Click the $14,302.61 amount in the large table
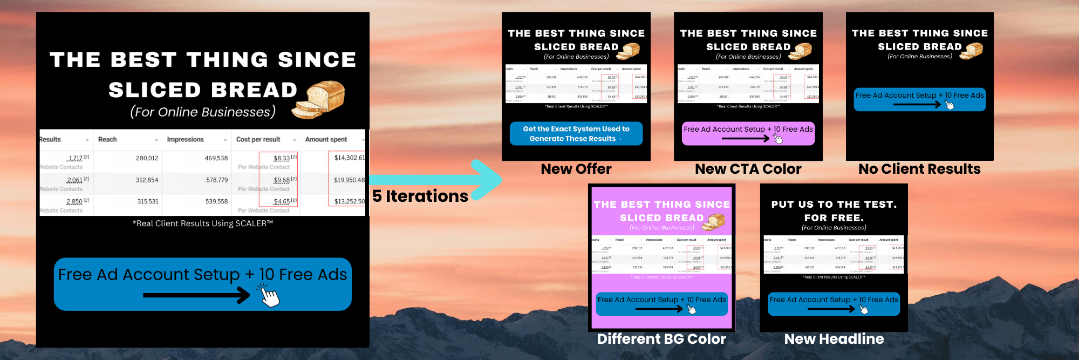349,158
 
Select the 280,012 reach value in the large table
147,158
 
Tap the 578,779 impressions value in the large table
216,180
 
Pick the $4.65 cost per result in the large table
282,201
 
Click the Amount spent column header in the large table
326,139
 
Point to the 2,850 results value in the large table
74,201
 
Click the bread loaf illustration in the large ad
319,99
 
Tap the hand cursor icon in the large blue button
269,296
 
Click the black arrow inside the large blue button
197,295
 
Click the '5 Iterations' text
420,196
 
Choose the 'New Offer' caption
576,169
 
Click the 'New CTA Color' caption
748,169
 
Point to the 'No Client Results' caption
919,169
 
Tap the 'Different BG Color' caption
661,339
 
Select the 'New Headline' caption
834,339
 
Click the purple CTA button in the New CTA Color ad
748,133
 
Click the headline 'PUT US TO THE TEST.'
834,205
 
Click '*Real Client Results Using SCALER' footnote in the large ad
203,223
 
